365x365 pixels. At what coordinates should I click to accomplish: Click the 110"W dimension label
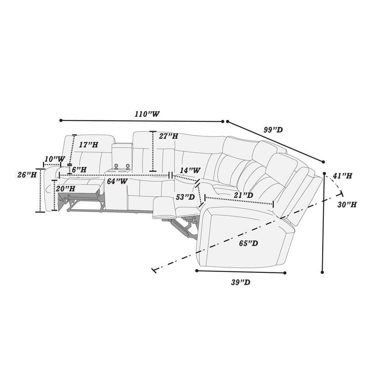(x=146, y=114)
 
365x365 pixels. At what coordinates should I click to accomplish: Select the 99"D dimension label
(x=273, y=130)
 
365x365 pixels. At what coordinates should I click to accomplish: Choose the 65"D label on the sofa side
(x=249, y=243)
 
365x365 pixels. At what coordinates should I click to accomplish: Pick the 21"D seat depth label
(x=244, y=195)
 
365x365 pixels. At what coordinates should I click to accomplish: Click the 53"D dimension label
(x=185, y=197)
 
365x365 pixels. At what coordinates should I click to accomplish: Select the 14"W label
(x=190, y=170)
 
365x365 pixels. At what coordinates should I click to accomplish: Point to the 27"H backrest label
(x=169, y=136)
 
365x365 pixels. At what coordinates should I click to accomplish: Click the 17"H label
(x=88, y=145)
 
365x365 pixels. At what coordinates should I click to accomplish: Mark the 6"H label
(x=79, y=169)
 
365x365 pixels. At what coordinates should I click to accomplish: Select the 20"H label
(x=66, y=188)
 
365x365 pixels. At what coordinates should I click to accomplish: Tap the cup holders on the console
(x=121, y=167)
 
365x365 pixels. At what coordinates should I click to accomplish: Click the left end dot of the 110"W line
(x=61, y=120)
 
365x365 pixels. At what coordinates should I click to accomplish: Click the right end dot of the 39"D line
(x=285, y=273)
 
